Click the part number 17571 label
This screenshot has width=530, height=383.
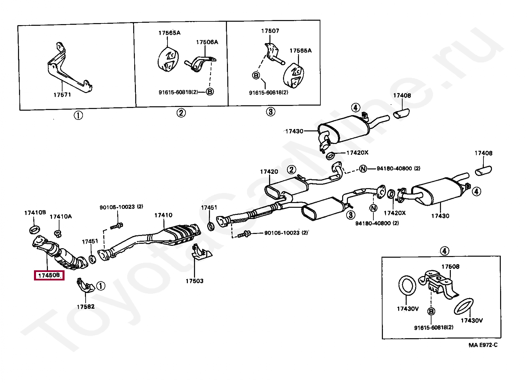62,95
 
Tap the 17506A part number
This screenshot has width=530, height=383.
207,42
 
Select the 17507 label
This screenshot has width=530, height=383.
270,31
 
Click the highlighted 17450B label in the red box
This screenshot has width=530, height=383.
49,275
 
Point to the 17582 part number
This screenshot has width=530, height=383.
86,307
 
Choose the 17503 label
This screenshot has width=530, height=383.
194,281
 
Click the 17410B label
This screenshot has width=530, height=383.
35,213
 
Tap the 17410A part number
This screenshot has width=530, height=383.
60,217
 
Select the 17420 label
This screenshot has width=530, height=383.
269,172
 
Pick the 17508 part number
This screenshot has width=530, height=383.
450,267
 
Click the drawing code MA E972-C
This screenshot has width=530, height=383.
483,345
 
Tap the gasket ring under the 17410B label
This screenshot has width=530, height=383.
35,229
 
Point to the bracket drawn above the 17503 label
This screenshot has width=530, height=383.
201,252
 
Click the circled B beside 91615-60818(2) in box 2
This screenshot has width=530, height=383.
210,91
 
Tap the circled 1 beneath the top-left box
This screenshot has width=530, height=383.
78,115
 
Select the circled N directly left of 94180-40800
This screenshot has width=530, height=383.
363,168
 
